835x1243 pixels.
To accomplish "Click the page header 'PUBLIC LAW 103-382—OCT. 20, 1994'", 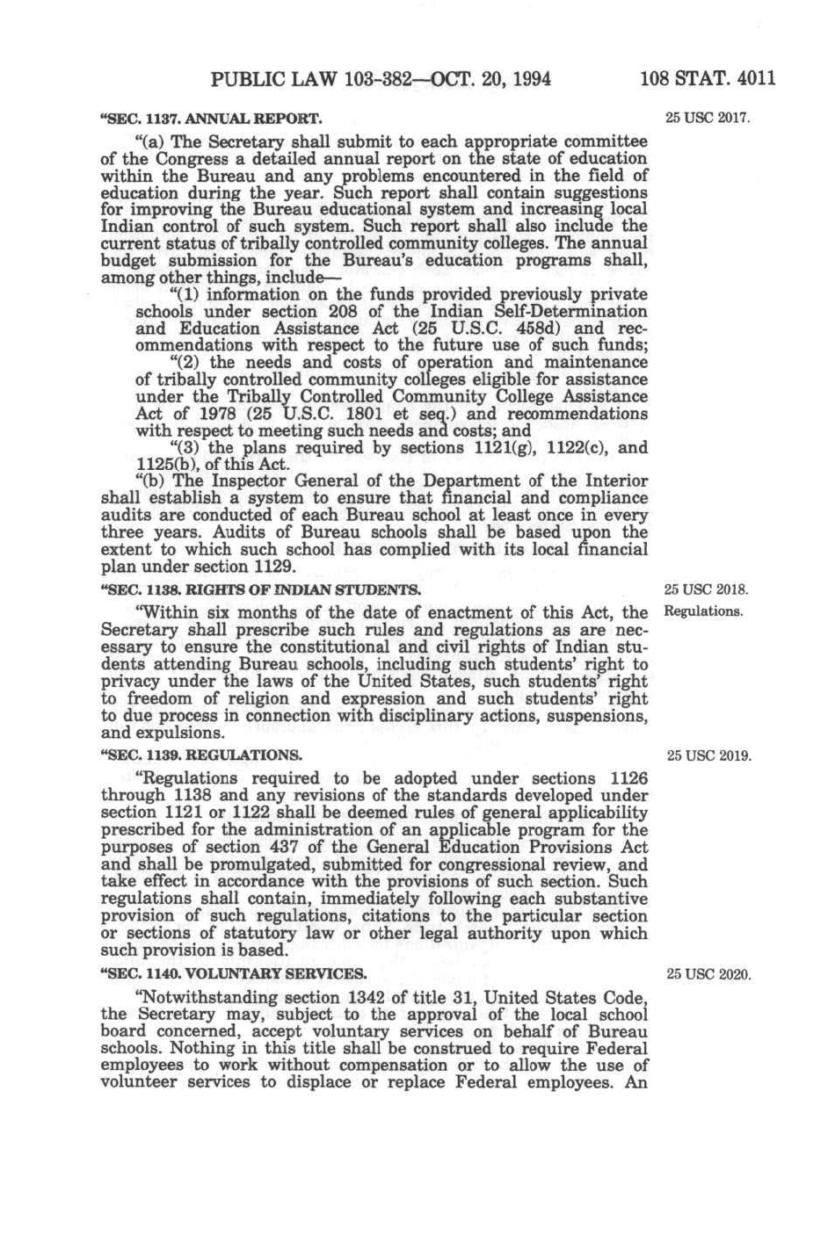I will (x=381, y=80).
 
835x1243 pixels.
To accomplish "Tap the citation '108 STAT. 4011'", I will (x=708, y=80).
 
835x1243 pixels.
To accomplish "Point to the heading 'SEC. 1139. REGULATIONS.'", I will (x=204, y=755).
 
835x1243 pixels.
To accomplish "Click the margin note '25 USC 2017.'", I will (x=708, y=118).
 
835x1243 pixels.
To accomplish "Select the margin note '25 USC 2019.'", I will (x=709, y=755).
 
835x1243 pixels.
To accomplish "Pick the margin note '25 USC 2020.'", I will (x=709, y=973).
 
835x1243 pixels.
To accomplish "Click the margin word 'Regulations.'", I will (x=704, y=611).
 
